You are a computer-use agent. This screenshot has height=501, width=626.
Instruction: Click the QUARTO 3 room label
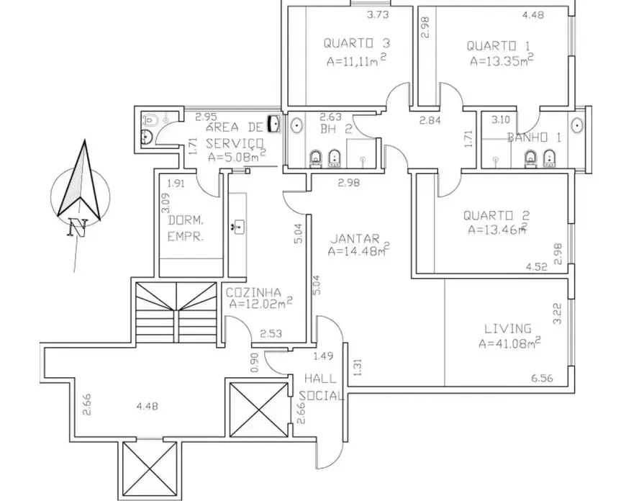tap(356, 42)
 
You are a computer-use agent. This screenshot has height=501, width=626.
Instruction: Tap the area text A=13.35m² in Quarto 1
tap(502, 60)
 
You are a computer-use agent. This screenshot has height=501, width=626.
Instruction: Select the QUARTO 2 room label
tap(496, 216)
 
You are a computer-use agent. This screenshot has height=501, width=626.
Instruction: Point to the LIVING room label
tap(508, 329)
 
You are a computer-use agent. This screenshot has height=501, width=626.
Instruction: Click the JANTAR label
tap(355, 239)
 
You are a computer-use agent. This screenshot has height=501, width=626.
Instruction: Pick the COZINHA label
tap(253, 293)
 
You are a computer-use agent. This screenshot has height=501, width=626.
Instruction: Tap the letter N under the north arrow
tap(77, 227)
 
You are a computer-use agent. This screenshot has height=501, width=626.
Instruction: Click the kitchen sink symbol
tap(238, 227)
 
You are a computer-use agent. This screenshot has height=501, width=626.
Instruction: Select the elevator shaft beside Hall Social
tap(260, 410)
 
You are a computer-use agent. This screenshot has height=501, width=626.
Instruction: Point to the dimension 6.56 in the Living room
tap(542, 378)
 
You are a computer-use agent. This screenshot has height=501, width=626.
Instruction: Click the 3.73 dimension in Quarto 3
tap(378, 15)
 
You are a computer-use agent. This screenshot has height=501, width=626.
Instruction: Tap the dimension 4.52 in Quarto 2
tap(537, 267)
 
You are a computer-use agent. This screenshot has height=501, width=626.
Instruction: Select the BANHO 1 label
tap(534, 137)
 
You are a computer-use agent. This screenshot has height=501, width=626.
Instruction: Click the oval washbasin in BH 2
tap(296, 125)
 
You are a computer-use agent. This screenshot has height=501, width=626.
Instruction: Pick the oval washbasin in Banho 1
tap(578, 125)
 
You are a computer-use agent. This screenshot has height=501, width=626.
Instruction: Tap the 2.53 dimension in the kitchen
tap(271, 333)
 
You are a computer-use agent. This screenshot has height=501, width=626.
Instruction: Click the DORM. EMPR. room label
tap(186, 228)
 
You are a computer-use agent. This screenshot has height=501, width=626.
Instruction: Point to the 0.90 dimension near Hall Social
tap(255, 362)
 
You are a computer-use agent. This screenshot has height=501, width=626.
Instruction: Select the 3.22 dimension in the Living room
tap(558, 314)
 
